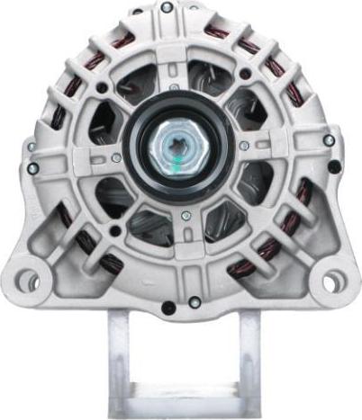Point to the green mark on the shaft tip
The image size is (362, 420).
[183, 150]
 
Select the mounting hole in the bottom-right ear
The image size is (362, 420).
[333, 281]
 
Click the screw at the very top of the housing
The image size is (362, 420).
[167, 7]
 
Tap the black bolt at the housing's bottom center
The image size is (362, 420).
[168, 308]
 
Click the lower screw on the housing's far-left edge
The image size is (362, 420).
[32, 168]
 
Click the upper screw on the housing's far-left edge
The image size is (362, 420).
[32, 146]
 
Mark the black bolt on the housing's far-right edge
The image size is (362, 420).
[334, 166]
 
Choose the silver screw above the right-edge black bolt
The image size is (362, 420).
[329, 140]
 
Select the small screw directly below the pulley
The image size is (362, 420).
[185, 215]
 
